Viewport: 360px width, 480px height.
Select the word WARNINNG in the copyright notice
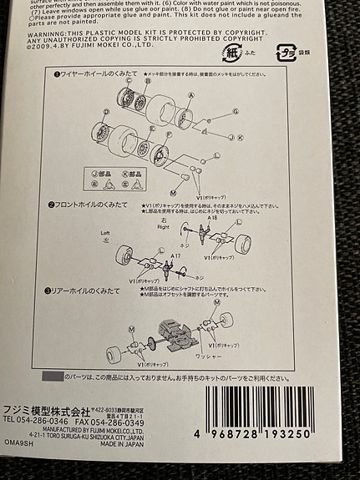point(28,31)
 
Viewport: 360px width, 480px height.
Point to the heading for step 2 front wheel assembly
point(94,205)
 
